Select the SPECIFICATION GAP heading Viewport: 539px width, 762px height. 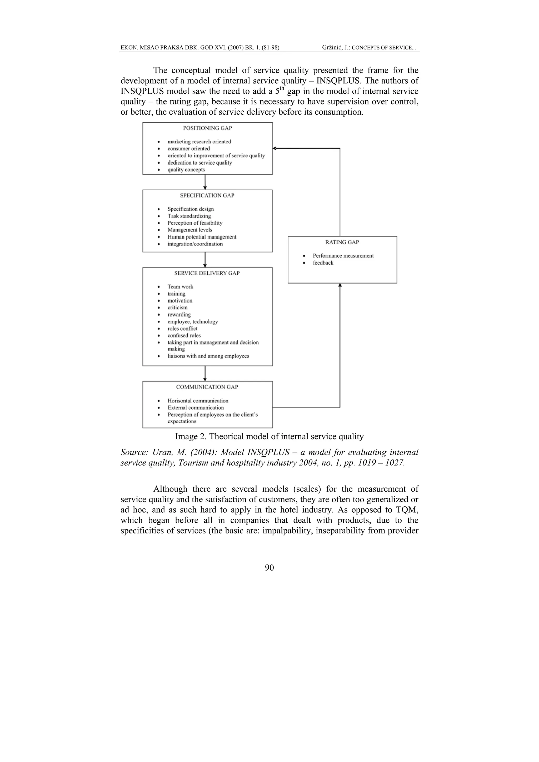(x=207, y=195)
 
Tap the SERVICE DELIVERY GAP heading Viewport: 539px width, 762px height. (x=207, y=273)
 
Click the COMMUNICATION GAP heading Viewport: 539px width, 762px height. (x=207, y=387)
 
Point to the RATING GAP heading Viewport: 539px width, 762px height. (x=342, y=242)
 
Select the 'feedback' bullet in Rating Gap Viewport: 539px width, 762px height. (x=323, y=263)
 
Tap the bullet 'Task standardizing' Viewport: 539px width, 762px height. (x=189, y=216)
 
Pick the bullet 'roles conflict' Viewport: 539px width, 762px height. (x=182, y=329)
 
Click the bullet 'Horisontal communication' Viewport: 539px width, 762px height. (x=198, y=401)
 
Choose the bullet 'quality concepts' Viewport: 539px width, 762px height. (x=186, y=170)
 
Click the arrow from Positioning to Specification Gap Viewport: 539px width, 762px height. (x=205, y=182)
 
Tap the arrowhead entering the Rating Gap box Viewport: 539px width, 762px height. (x=340, y=285)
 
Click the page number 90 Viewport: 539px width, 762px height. (x=269, y=568)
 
